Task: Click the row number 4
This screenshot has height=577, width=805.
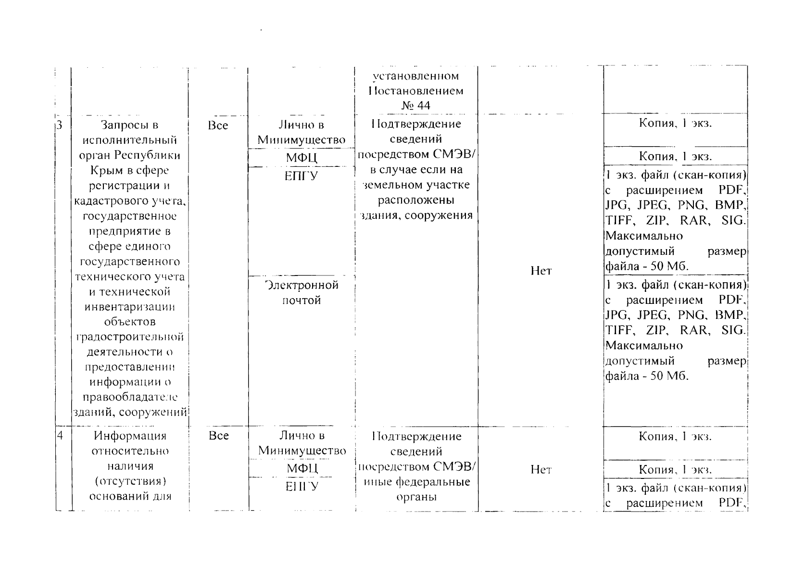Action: coord(60,436)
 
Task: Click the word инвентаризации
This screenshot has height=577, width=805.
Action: coord(130,307)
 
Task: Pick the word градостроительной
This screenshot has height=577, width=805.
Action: coord(130,337)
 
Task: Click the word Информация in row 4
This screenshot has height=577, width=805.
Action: coord(130,436)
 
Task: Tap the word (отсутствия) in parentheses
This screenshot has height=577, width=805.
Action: coord(130,481)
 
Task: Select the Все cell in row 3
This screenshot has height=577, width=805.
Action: coord(218,125)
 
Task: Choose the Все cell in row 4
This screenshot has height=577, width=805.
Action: coord(219,436)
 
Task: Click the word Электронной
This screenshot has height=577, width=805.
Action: coord(302,285)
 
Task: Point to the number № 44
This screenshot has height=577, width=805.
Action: coord(416,105)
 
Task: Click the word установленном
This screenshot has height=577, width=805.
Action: coord(416,76)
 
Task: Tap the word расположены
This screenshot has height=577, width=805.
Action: coord(416,200)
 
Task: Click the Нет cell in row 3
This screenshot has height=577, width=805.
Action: coord(541,271)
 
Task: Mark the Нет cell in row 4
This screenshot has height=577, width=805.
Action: coord(541,470)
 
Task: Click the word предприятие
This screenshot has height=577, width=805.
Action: coord(130,231)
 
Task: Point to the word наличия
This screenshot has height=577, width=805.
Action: coord(130,466)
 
